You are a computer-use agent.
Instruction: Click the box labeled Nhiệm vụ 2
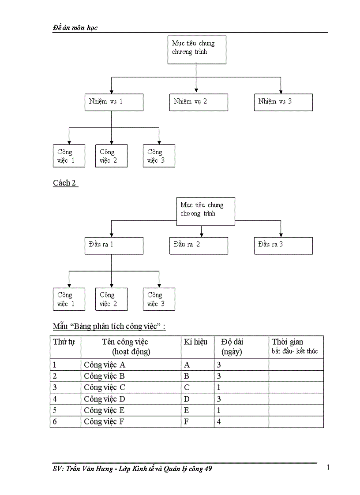point(199,102)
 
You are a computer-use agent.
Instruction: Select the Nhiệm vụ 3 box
point(283,102)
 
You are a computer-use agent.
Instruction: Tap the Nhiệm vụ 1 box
point(114,102)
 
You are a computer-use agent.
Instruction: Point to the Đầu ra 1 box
point(114,245)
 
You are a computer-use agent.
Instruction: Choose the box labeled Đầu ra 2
point(199,245)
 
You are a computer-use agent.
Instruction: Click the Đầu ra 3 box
point(283,245)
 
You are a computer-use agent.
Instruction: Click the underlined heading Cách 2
point(65,183)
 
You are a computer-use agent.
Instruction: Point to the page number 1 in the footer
point(328,468)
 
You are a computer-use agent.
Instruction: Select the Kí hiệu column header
point(195,342)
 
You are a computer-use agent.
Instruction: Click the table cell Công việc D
point(105,399)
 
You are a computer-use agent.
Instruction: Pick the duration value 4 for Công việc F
point(219,422)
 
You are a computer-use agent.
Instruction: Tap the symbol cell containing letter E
point(187,410)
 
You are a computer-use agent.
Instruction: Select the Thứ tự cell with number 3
point(55,387)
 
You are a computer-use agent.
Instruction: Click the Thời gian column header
point(288,342)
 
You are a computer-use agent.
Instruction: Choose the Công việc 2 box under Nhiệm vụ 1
point(111,156)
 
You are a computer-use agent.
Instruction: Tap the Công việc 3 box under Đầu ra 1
point(159,299)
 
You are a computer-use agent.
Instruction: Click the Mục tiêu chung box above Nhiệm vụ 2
point(197,50)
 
